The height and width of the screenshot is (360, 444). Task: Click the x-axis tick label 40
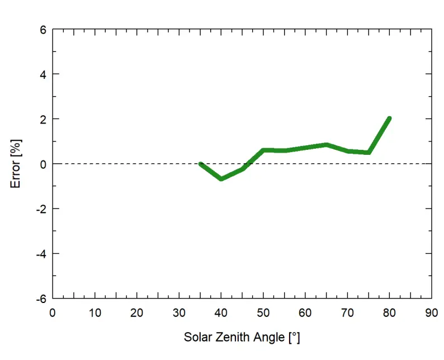[x=221, y=313]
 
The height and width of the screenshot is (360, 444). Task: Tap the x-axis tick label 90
[x=431, y=313]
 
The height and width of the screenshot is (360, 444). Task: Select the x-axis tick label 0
[x=53, y=313]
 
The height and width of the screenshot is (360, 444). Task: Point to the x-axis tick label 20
[x=137, y=313]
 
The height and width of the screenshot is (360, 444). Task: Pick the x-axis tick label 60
[x=305, y=313]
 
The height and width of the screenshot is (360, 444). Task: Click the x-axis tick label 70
[x=347, y=313]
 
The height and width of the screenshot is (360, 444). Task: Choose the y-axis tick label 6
[x=42, y=30]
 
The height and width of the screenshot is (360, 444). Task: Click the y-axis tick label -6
[x=40, y=298]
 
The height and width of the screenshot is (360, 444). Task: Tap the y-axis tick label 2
[x=42, y=119]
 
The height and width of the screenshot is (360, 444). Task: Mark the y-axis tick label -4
[x=40, y=253]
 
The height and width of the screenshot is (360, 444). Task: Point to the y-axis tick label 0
[x=42, y=164]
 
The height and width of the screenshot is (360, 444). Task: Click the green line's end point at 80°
[x=389, y=119]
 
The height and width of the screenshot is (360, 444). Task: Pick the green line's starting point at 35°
[x=201, y=164]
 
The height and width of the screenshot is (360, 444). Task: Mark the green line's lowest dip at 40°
[x=221, y=179]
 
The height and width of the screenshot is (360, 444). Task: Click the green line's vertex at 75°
[x=369, y=153]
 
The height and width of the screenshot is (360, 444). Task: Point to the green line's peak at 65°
[x=327, y=145]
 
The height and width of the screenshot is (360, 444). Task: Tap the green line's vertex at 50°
[x=263, y=150]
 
